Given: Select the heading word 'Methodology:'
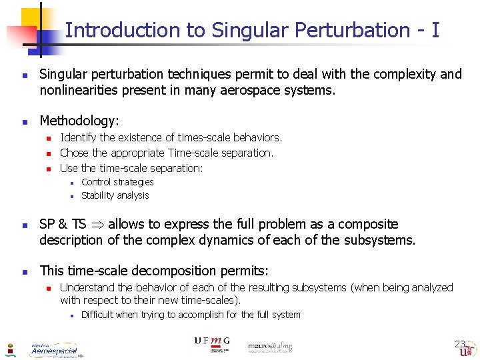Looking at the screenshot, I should click(x=79, y=121).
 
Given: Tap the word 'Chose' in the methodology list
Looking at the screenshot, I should click(x=74, y=153).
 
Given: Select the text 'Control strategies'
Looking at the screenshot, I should click(x=117, y=182).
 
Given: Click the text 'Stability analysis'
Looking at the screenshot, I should click(x=115, y=195).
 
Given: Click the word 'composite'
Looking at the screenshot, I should click(x=363, y=224).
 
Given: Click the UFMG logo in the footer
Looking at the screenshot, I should click(x=212, y=343).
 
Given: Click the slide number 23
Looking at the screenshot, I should click(x=460, y=344).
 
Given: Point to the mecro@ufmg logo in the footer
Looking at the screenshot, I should click(x=270, y=347).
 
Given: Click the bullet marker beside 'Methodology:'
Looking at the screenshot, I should click(x=23, y=122).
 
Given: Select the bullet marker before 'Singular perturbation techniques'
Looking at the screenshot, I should click(x=23, y=75).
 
